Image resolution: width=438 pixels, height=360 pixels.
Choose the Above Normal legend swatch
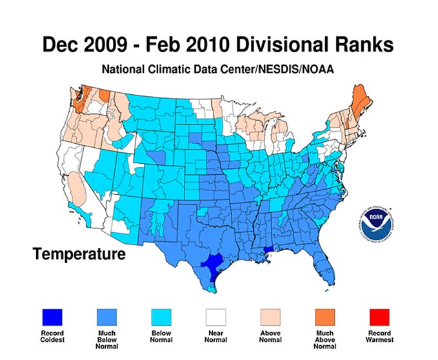[272, 317]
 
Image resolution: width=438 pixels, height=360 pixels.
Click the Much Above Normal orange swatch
[326, 317]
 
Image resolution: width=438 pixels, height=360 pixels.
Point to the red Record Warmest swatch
[380, 317]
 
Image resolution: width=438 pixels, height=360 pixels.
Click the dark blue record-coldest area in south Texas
[214, 264]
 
